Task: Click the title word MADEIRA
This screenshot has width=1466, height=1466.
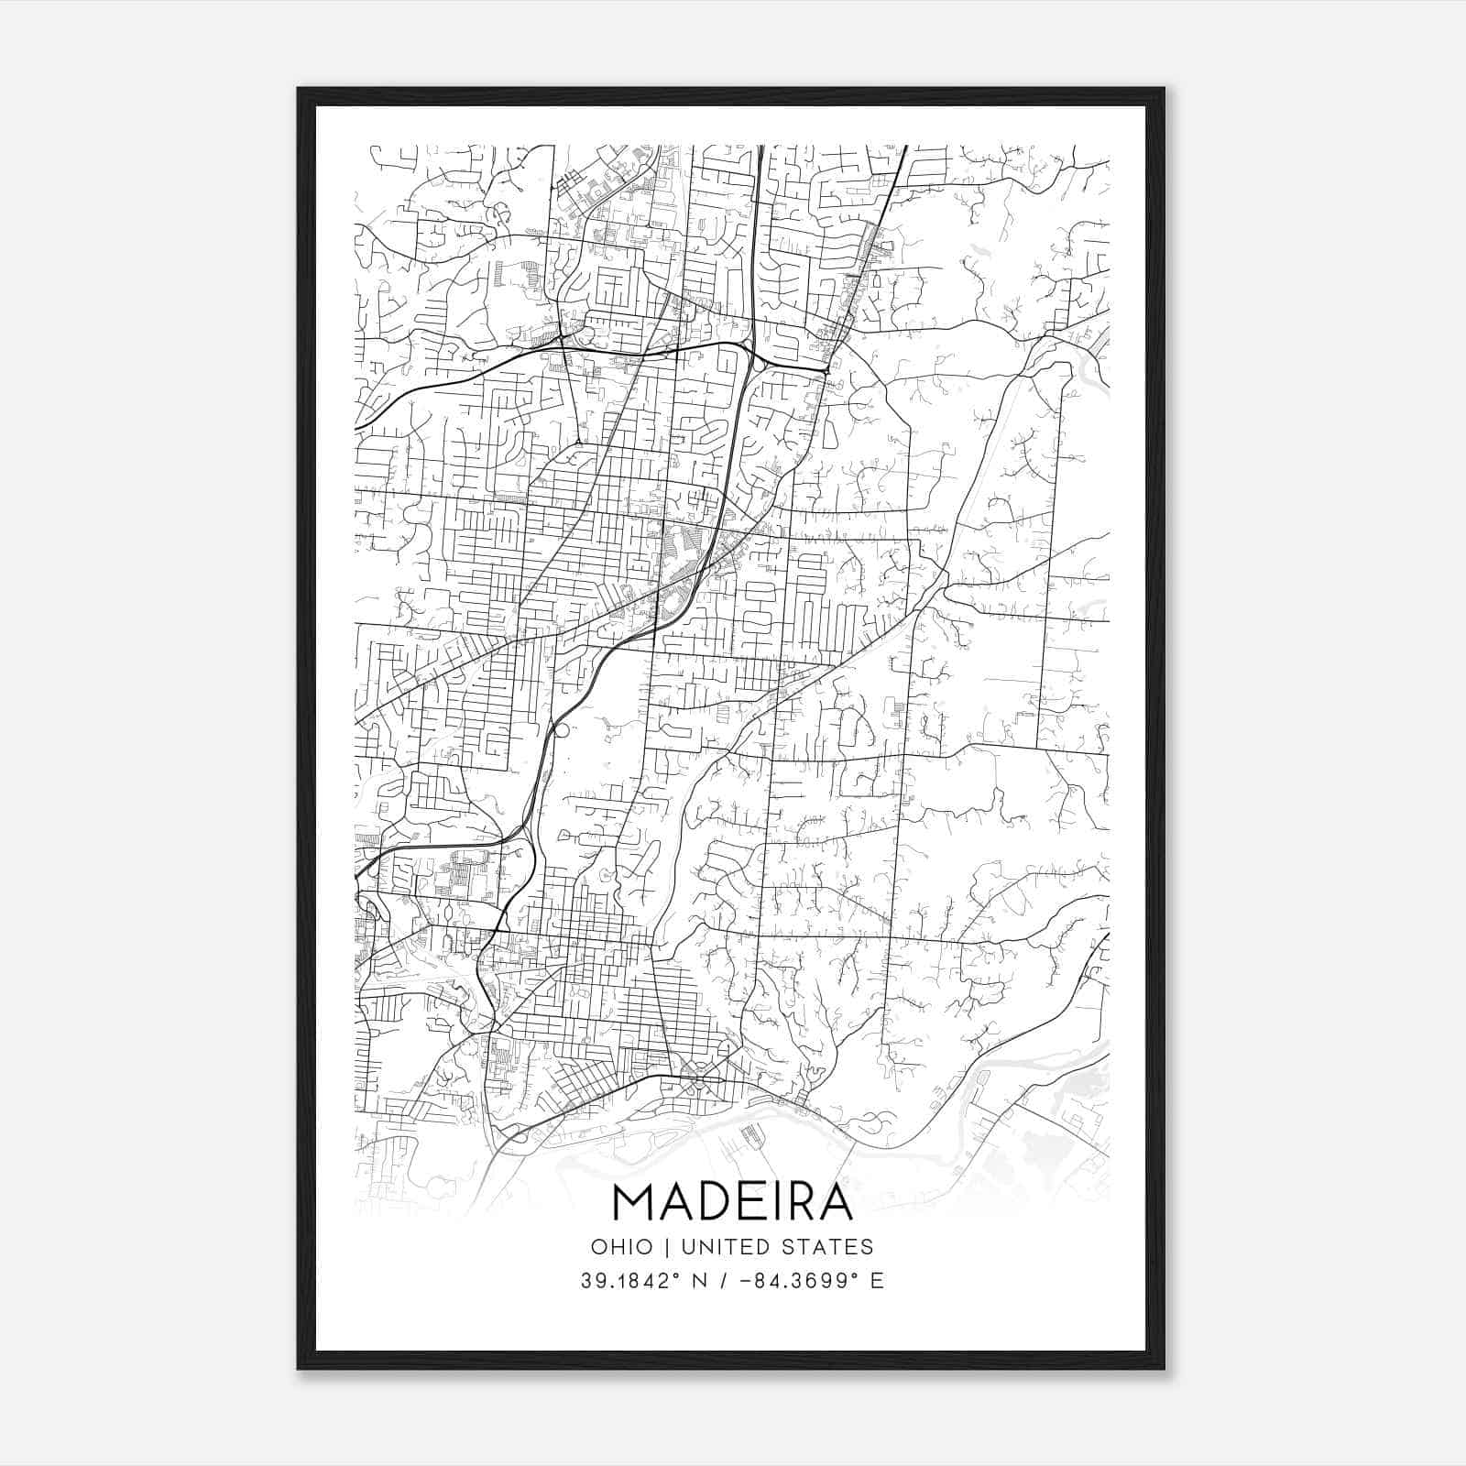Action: tap(732, 1202)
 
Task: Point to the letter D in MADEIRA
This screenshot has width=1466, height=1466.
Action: tap(715, 1202)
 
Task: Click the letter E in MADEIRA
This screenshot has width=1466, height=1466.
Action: tap(750, 1202)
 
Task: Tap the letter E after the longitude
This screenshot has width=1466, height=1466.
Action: tap(878, 1281)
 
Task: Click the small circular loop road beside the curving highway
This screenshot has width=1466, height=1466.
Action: tap(562, 731)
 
